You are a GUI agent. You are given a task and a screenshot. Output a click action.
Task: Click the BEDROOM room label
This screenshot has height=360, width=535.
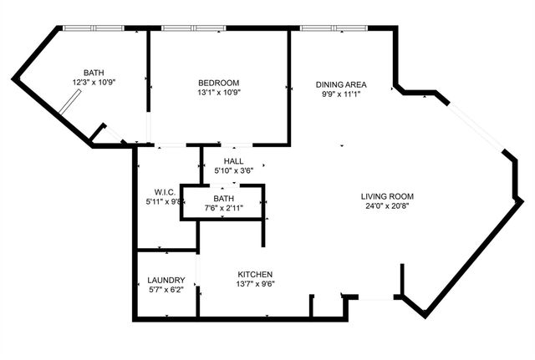(x=218, y=82)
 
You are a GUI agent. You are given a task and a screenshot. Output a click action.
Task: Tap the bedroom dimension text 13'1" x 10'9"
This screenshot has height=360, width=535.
(x=218, y=94)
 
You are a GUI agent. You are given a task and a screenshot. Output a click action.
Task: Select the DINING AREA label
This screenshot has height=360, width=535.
(x=340, y=84)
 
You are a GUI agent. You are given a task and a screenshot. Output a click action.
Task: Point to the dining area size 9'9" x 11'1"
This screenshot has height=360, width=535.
(x=340, y=94)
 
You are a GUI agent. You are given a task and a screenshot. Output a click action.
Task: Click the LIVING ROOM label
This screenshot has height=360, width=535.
(x=385, y=194)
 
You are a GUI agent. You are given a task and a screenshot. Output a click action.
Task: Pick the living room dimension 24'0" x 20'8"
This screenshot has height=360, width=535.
(x=385, y=205)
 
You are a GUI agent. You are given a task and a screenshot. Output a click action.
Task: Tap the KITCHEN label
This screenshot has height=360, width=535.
(x=255, y=274)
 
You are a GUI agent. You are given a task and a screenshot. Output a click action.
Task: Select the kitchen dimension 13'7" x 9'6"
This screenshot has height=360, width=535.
(x=255, y=285)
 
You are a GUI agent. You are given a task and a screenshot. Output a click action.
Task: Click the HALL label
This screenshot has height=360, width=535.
(x=233, y=160)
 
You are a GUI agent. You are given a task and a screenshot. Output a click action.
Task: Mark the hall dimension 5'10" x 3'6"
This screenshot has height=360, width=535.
(x=233, y=170)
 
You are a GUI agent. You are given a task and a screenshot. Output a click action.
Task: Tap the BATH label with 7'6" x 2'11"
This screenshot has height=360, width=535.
(x=222, y=198)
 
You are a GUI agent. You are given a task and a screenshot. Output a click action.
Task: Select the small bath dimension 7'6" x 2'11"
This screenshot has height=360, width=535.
(x=222, y=208)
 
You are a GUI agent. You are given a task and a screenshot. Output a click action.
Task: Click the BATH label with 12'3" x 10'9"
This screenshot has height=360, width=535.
(x=94, y=72)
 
